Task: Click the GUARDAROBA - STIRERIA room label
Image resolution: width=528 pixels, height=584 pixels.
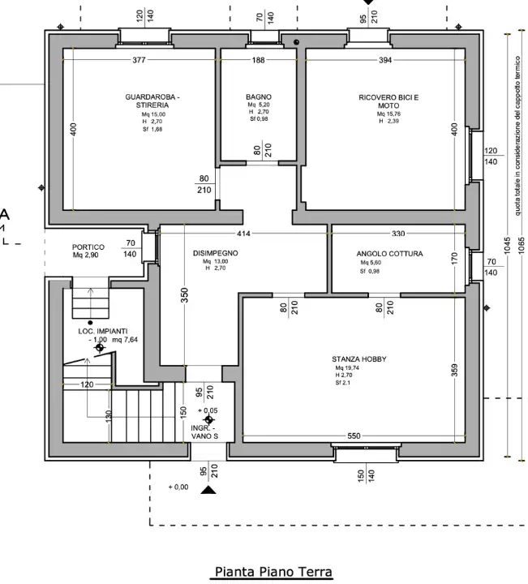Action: pyautogui.click(x=152, y=101)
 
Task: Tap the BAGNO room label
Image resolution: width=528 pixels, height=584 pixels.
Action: pyautogui.click(x=259, y=97)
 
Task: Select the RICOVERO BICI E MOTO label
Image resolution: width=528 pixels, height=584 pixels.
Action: pyautogui.click(x=388, y=101)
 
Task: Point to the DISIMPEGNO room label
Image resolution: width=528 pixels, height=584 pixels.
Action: pyautogui.click(x=215, y=253)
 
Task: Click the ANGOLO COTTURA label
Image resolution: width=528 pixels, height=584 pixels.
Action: pyautogui.click(x=389, y=254)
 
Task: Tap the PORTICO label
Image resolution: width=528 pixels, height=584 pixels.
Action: pyautogui.click(x=88, y=247)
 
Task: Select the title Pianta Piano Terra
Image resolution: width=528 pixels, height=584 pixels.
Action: pyautogui.click(x=273, y=573)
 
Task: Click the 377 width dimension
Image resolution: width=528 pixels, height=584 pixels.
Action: pyautogui.click(x=139, y=60)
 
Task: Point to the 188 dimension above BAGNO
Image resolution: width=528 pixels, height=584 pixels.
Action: pyautogui.click(x=258, y=60)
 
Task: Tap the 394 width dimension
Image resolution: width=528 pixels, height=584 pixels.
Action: pyautogui.click(x=385, y=60)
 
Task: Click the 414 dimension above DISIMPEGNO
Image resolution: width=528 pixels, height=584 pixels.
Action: pyautogui.click(x=243, y=234)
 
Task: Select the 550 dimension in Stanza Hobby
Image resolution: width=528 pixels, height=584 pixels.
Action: pyautogui.click(x=354, y=436)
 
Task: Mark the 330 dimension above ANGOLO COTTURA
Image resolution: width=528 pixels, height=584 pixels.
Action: pyautogui.click(x=398, y=234)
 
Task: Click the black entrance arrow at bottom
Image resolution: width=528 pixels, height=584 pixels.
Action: pyautogui.click(x=209, y=489)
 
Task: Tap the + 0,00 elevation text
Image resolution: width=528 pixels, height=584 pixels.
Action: pyautogui.click(x=178, y=487)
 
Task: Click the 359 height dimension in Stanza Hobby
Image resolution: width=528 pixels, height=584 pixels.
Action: pyautogui.click(x=454, y=370)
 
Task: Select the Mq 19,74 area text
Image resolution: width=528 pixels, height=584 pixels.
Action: pyautogui.click(x=346, y=368)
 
